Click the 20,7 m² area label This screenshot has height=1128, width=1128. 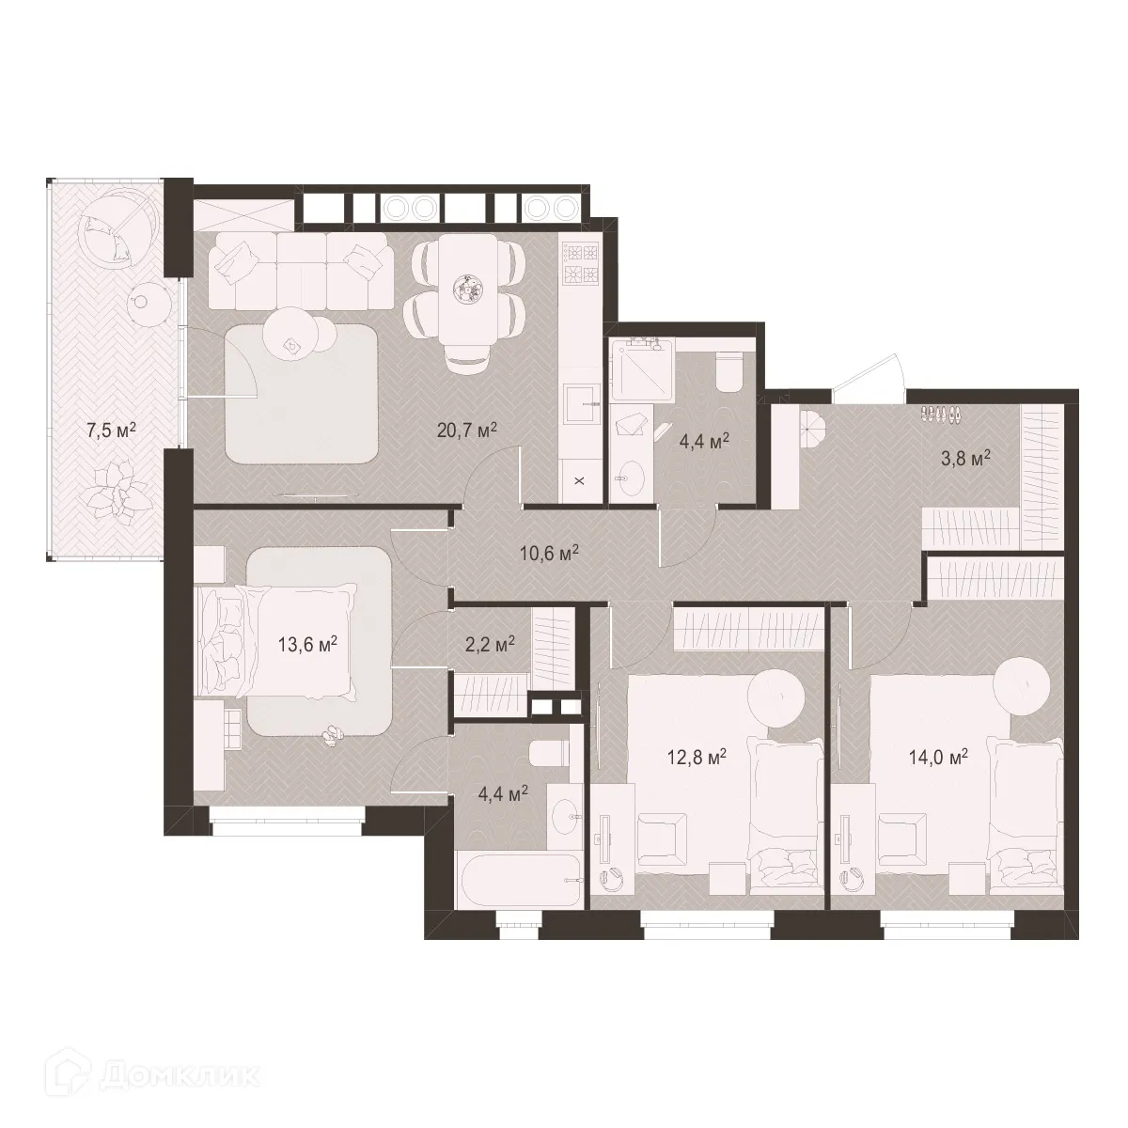466,430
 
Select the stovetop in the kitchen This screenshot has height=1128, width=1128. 580,263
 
